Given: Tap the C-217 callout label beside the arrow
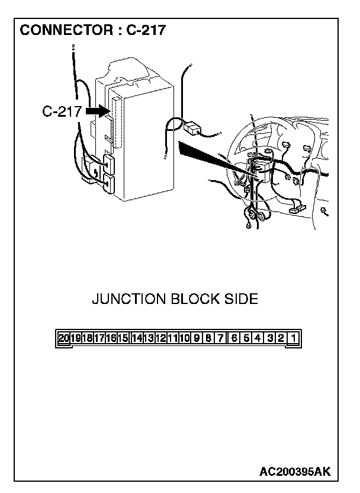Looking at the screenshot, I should (62, 111).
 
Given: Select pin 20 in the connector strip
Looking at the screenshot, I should (64, 338).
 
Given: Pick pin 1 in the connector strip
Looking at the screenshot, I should (294, 338).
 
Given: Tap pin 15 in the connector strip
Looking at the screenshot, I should (123, 338).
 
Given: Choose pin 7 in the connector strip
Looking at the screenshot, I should (220, 338).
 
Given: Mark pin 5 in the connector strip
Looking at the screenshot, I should (245, 338).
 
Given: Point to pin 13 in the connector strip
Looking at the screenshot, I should (148, 338).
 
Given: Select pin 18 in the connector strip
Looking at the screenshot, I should (87, 338).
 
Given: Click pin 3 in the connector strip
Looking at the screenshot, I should (269, 338).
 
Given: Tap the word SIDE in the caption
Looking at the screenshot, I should (240, 299).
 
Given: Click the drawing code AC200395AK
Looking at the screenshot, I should (295, 472).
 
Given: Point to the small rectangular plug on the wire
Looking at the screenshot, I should (192, 127).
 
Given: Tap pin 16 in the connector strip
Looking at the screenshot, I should (111, 338).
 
